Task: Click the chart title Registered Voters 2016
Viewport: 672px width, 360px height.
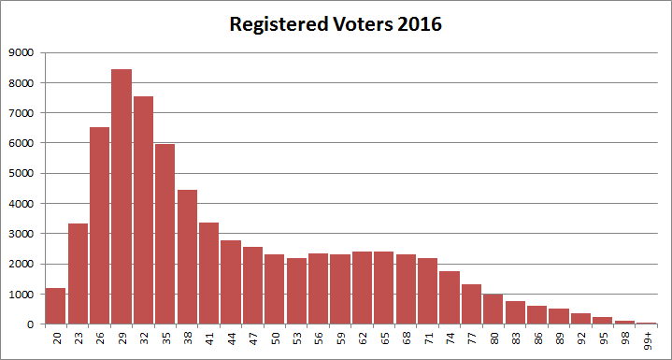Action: [x=336, y=24]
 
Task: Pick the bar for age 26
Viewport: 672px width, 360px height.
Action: [x=100, y=225]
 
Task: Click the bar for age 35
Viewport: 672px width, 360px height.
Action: [x=165, y=234]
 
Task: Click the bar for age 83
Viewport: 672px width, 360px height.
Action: [x=514, y=312]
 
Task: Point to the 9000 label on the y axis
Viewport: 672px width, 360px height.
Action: [x=22, y=52]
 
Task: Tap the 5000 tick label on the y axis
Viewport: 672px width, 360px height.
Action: [x=22, y=173]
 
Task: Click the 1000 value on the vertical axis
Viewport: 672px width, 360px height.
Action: [x=22, y=294]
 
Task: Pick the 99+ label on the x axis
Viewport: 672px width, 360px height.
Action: [x=646, y=340]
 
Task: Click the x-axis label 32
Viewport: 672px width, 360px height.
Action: [x=144, y=339]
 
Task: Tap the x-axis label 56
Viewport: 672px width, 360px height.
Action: [x=318, y=339]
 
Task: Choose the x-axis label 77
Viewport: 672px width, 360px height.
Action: [x=471, y=339]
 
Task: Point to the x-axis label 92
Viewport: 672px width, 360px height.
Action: [x=579, y=339]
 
